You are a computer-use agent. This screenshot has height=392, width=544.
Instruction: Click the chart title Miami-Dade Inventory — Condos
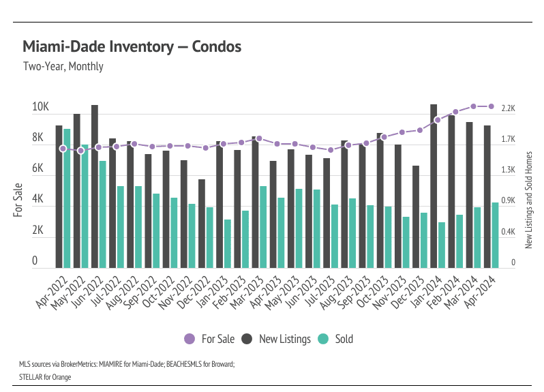[132, 47]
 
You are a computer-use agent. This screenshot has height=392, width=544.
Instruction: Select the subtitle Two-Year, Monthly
[63, 67]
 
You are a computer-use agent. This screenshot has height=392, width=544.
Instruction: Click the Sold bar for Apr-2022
[67, 198]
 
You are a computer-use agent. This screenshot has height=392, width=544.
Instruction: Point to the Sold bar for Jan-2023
[228, 243]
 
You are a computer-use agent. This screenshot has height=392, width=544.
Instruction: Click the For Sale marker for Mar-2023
[259, 138]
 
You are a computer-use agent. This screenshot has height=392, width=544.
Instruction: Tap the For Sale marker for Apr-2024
[491, 106]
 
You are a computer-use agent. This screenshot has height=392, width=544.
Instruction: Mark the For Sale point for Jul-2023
[331, 150]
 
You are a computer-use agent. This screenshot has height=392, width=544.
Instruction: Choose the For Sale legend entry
[209, 339]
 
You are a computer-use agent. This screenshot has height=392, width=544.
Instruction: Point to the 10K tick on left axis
[40, 108]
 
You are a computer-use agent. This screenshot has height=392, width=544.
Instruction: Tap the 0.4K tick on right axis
[508, 232]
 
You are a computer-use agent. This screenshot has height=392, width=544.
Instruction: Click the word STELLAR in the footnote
[33, 376]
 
